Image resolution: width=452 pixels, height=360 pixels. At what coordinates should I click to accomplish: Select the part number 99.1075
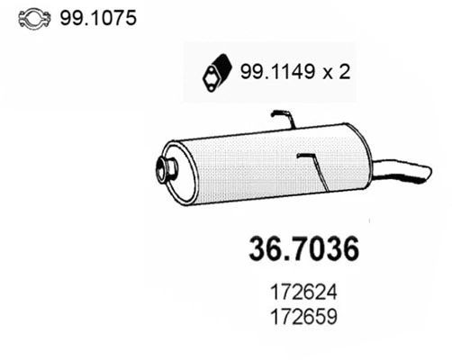click(x=98, y=18)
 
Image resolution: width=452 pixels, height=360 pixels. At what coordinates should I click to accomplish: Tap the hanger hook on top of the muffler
click(x=283, y=117)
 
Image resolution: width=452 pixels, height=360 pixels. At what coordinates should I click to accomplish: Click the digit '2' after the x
click(x=347, y=73)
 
